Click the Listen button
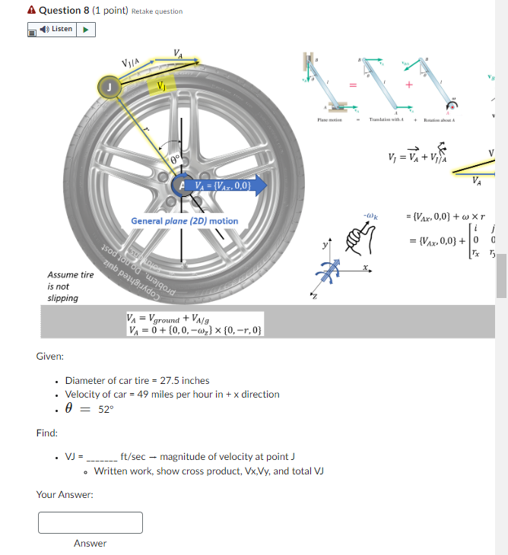click(x=62, y=30)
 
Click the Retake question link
click(x=157, y=11)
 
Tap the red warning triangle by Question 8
click(x=30, y=11)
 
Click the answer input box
click(x=90, y=522)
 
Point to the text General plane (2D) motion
click(x=185, y=221)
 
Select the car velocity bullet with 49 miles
click(x=172, y=394)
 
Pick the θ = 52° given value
click(x=89, y=409)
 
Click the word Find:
click(x=47, y=433)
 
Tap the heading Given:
click(x=50, y=356)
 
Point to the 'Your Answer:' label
click(x=65, y=495)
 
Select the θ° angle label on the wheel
click(x=176, y=159)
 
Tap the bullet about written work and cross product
click(x=208, y=471)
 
